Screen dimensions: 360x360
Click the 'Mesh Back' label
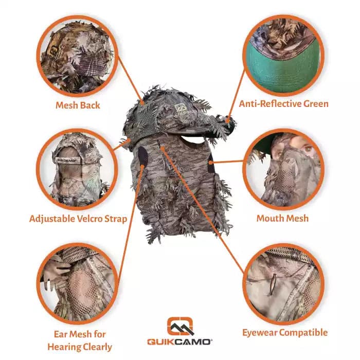(78, 105)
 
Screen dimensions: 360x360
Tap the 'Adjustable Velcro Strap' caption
(78, 219)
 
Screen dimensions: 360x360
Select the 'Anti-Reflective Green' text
(284, 104)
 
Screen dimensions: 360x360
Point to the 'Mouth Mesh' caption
(283, 219)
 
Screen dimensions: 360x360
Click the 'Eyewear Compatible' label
(285, 333)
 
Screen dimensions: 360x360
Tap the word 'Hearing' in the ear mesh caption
(64, 347)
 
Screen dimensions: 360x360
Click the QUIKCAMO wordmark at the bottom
(179, 342)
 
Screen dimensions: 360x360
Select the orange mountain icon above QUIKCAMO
(180, 326)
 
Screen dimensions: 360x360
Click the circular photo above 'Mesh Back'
(77, 56)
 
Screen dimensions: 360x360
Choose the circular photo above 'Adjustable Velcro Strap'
(77, 169)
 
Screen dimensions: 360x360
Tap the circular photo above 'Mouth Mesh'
(284, 169)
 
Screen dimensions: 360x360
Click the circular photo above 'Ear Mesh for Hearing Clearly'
(77, 284)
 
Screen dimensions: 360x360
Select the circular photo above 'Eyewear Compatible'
(284, 284)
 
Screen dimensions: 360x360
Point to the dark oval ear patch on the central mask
(143, 156)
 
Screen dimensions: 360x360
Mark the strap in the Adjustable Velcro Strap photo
(66, 160)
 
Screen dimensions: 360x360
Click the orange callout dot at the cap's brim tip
(227, 120)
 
